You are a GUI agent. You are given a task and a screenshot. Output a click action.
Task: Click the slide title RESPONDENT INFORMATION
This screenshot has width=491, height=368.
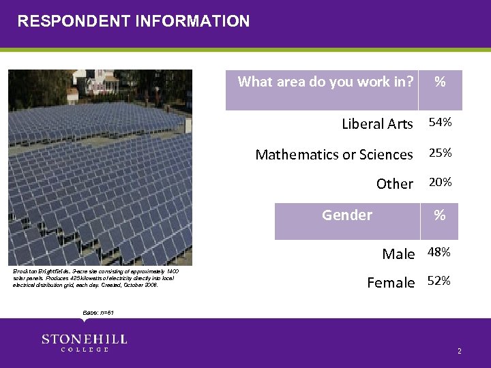pyautogui.click(x=134, y=21)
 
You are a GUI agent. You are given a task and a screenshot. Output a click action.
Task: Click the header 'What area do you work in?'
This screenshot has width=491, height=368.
pyautogui.click(x=325, y=82)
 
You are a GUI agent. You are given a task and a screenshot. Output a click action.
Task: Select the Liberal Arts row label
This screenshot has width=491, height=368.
pyautogui.click(x=377, y=124)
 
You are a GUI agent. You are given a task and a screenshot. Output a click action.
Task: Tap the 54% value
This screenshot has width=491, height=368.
pyautogui.click(x=439, y=123)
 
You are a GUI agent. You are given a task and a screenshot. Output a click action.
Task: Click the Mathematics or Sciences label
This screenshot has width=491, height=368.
pyautogui.click(x=333, y=155)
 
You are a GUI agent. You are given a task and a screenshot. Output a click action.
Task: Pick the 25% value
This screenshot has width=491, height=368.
pyautogui.click(x=439, y=153)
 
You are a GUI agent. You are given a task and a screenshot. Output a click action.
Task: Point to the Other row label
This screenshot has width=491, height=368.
pyautogui.click(x=394, y=184)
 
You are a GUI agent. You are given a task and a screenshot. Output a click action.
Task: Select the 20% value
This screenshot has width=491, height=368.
pyautogui.click(x=439, y=183)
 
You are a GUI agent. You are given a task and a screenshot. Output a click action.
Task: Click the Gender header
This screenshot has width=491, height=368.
pyautogui.click(x=347, y=215)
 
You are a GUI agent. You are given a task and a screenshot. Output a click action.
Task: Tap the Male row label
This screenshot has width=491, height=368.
pyautogui.click(x=398, y=254)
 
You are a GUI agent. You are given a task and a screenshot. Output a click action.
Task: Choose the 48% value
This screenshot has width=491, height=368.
pyautogui.click(x=438, y=252)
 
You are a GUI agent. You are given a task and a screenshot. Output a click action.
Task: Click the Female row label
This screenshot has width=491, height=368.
pyautogui.click(x=391, y=282)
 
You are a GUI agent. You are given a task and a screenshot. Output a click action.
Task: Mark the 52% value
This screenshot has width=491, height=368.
pyautogui.click(x=438, y=280)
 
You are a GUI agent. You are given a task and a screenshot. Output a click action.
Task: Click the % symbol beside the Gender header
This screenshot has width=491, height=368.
pyautogui.click(x=440, y=216)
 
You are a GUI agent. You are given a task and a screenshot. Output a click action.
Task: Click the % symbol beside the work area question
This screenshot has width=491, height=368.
pyautogui.click(x=440, y=82)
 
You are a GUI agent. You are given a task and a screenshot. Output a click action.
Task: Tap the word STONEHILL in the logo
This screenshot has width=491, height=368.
pyautogui.click(x=85, y=339)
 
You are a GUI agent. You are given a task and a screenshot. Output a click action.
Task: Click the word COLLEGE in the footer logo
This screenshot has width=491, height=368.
pyautogui.click(x=85, y=350)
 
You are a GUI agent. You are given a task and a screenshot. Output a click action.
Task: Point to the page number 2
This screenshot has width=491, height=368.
pyautogui.click(x=460, y=351)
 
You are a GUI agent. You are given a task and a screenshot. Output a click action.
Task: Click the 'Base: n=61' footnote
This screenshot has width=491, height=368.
pyautogui.click(x=98, y=313)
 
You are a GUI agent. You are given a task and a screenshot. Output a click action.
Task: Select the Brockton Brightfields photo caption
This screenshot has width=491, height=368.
pyautogui.click(x=96, y=278)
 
